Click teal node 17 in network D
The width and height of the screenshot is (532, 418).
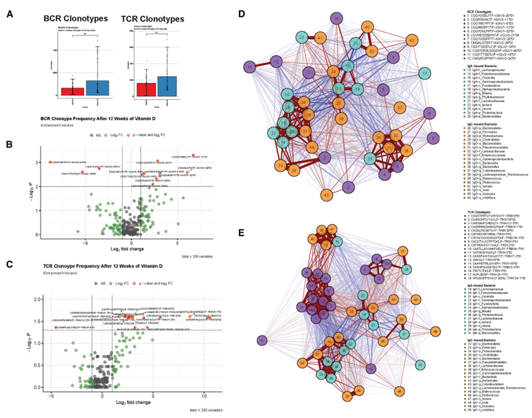point(426,73)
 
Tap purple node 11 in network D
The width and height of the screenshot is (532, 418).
point(253,66)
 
